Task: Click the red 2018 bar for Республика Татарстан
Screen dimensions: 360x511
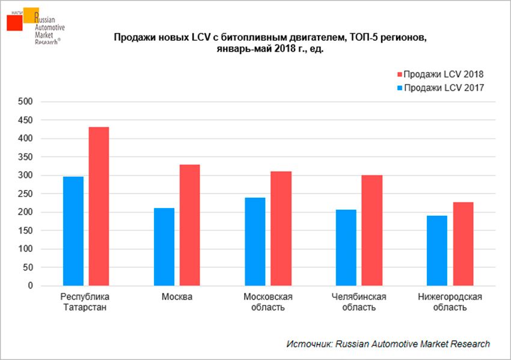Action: pos(99,206)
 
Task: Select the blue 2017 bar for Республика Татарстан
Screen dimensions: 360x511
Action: pos(73,231)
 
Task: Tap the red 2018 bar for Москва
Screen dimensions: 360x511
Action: pos(189,225)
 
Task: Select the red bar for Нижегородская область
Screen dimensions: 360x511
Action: pos(463,243)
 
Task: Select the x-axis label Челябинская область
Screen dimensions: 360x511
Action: pos(359,302)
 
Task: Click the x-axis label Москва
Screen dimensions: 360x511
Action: pos(177,297)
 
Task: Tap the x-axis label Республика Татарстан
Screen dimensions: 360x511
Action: pos(86,302)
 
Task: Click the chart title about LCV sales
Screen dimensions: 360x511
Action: pos(270,44)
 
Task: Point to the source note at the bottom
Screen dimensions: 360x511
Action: pos(388,344)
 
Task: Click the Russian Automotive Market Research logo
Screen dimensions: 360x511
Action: pos(35,28)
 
